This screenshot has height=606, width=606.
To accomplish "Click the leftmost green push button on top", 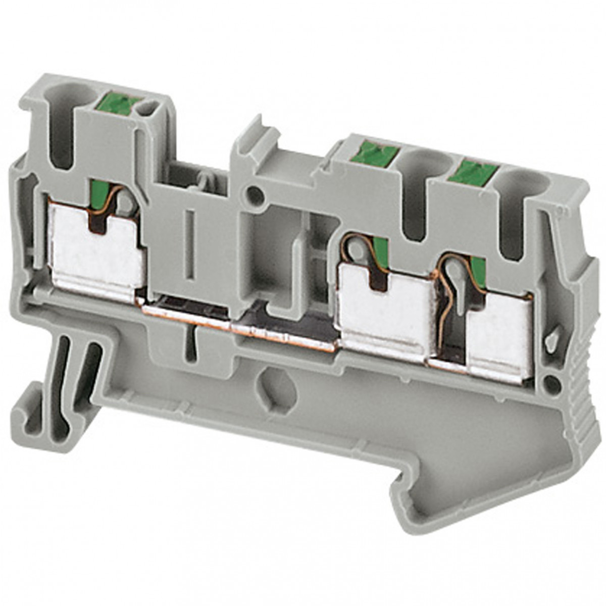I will (x=121, y=105).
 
